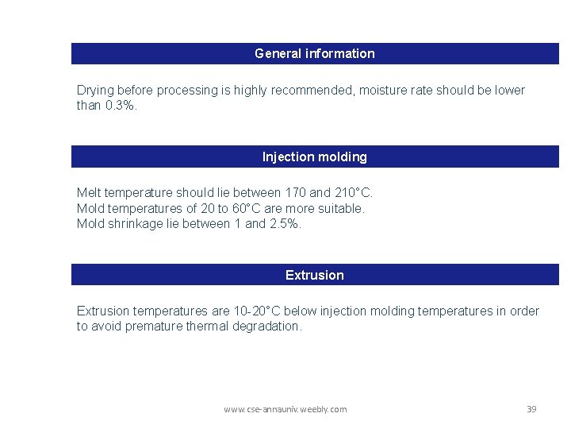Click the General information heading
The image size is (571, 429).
(315, 54)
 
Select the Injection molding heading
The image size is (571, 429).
(315, 157)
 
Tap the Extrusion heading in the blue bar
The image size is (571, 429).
(315, 276)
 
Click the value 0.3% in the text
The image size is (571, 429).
(121, 106)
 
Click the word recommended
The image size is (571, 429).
(312, 91)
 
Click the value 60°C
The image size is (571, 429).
(240, 208)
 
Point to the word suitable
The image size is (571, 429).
(339, 208)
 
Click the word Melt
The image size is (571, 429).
(90, 193)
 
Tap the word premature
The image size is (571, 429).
(150, 327)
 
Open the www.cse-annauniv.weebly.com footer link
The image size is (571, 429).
(285, 409)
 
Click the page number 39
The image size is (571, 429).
(531, 409)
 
